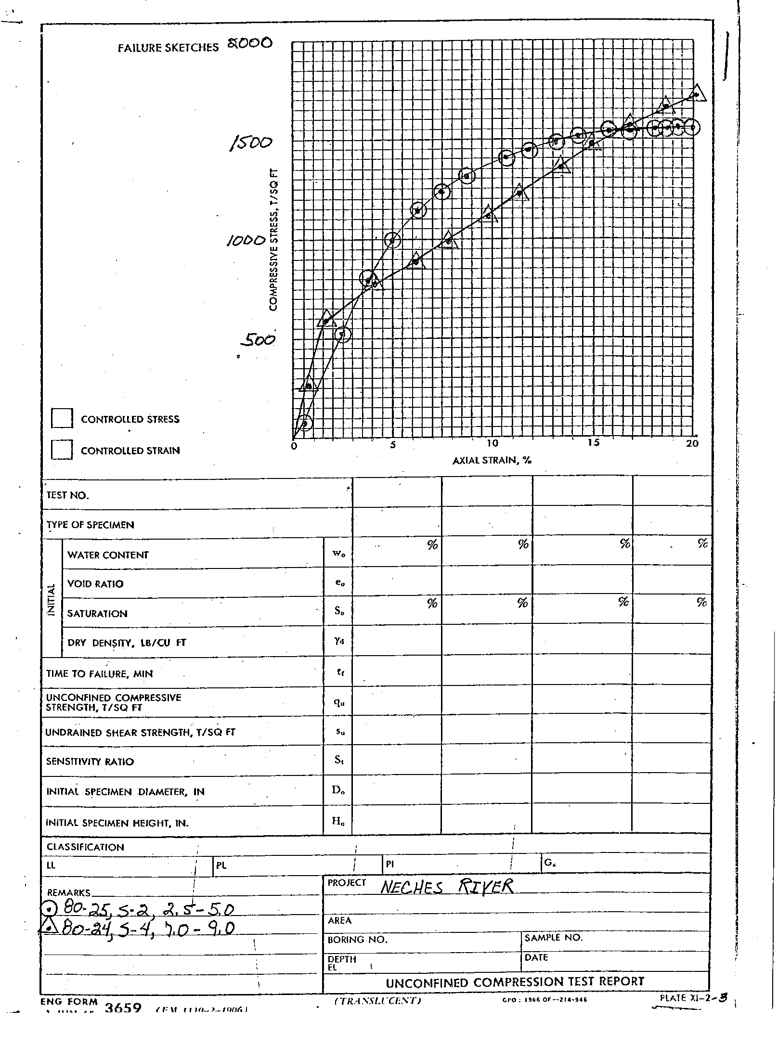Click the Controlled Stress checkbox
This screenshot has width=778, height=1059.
click(x=62, y=418)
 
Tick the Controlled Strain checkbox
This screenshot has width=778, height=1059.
click(x=62, y=450)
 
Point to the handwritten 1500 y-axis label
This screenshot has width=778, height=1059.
click(x=251, y=143)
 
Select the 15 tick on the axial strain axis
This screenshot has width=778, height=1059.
click(x=593, y=443)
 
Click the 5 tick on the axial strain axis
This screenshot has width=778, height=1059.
click(x=393, y=444)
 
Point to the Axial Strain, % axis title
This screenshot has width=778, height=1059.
click(x=492, y=460)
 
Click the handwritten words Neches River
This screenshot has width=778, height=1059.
click(x=447, y=886)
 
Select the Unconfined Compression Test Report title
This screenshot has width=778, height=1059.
click(x=515, y=982)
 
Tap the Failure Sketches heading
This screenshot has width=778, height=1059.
click(x=168, y=48)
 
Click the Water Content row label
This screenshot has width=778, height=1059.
click(x=108, y=555)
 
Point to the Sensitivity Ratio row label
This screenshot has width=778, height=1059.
click(x=90, y=762)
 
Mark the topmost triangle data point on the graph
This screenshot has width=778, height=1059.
click(x=697, y=93)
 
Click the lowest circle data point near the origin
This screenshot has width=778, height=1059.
click(x=304, y=423)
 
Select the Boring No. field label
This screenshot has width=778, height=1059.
click(x=357, y=939)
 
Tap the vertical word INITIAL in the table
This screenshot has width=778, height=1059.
click(x=52, y=598)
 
